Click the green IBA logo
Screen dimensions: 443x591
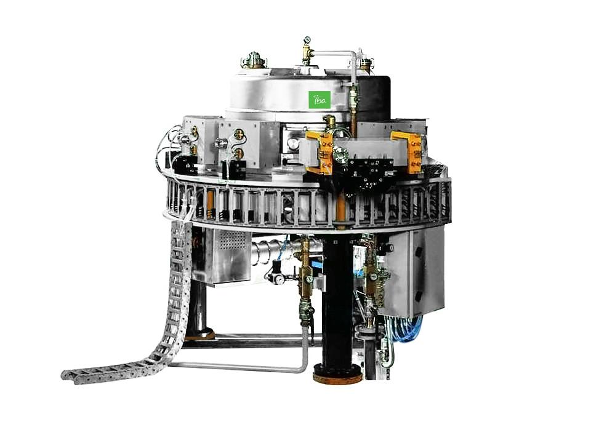(320, 99)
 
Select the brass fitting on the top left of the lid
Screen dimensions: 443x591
(254, 60)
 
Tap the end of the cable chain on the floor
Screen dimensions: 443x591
(69, 373)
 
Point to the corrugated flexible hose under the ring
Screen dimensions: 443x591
(271, 249)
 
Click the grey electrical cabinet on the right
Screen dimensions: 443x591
(414, 271)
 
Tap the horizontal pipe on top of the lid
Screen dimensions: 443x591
(332, 54)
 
